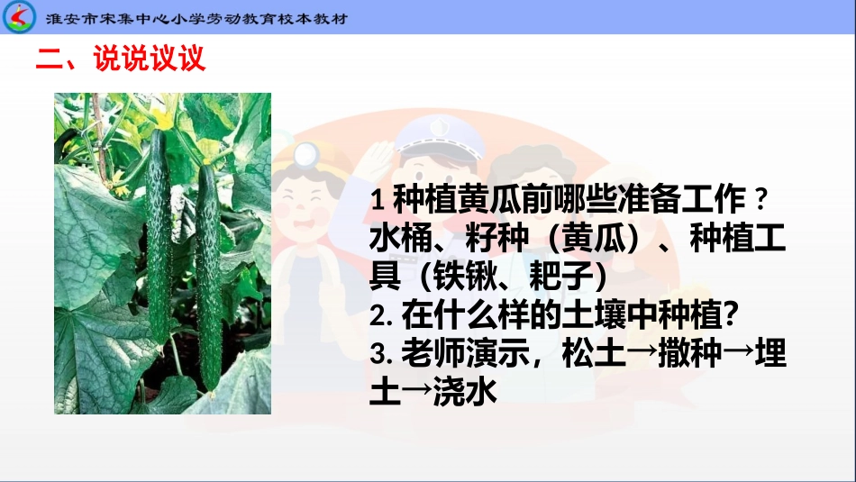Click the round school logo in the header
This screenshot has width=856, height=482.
point(19,17)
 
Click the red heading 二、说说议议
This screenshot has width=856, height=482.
point(121,58)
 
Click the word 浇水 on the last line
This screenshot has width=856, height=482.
point(465,392)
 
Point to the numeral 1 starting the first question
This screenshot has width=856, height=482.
point(376,200)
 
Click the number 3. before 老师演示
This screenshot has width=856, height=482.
point(381,354)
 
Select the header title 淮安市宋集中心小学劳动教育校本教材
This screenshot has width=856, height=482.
point(196,19)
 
